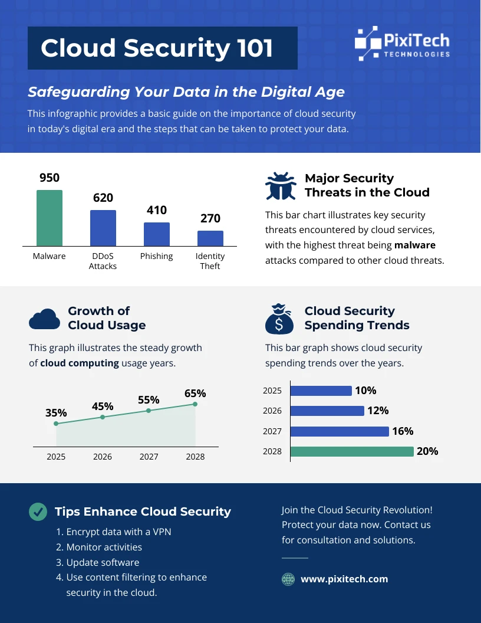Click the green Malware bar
click(x=50, y=218)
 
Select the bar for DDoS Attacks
click(x=103, y=228)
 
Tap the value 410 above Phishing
click(x=157, y=210)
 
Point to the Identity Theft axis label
click(x=210, y=261)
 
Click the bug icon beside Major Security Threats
click(x=280, y=186)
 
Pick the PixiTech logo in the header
click(x=402, y=44)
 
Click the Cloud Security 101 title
click(x=157, y=48)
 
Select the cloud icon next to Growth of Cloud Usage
click(x=44, y=319)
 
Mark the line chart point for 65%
click(x=195, y=404)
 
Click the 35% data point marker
click(x=56, y=424)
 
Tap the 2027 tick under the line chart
click(x=149, y=457)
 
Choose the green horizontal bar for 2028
click(x=352, y=451)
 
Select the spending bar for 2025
click(x=321, y=391)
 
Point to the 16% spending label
click(x=403, y=431)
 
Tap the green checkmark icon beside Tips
click(x=38, y=511)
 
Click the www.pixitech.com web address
click(x=344, y=579)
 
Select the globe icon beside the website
click(x=288, y=579)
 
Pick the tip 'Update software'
click(x=103, y=562)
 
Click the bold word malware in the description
click(x=415, y=245)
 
